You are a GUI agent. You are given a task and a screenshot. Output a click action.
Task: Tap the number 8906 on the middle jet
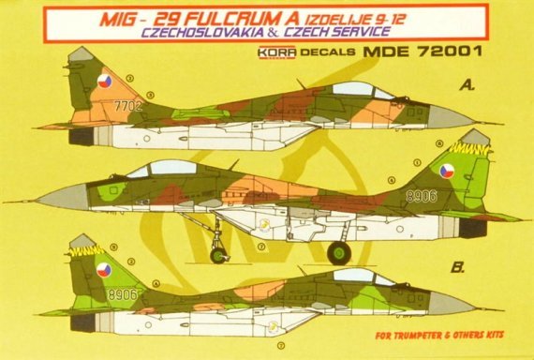[x=423, y=196]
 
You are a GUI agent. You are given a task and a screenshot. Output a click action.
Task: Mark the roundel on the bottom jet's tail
[x=104, y=270]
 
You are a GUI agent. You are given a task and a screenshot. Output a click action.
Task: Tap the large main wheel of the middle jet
[x=338, y=252]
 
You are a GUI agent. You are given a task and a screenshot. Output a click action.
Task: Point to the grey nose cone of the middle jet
[x=61, y=197]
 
